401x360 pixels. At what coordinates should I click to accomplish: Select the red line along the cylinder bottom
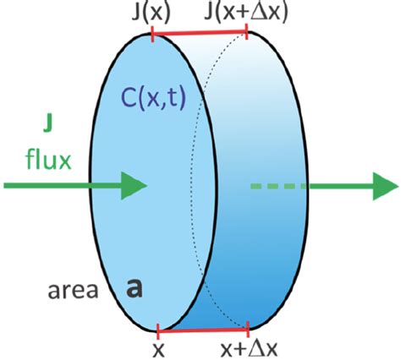click(x=203, y=328)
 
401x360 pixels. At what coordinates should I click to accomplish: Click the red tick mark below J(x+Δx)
click(x=246, y=32)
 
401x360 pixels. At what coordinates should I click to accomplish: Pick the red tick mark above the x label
click(x=158, y=328)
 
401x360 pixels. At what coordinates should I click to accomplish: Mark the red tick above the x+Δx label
click(x=248, y=328)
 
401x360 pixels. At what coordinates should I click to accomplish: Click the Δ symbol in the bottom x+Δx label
click(x=251, y=347)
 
